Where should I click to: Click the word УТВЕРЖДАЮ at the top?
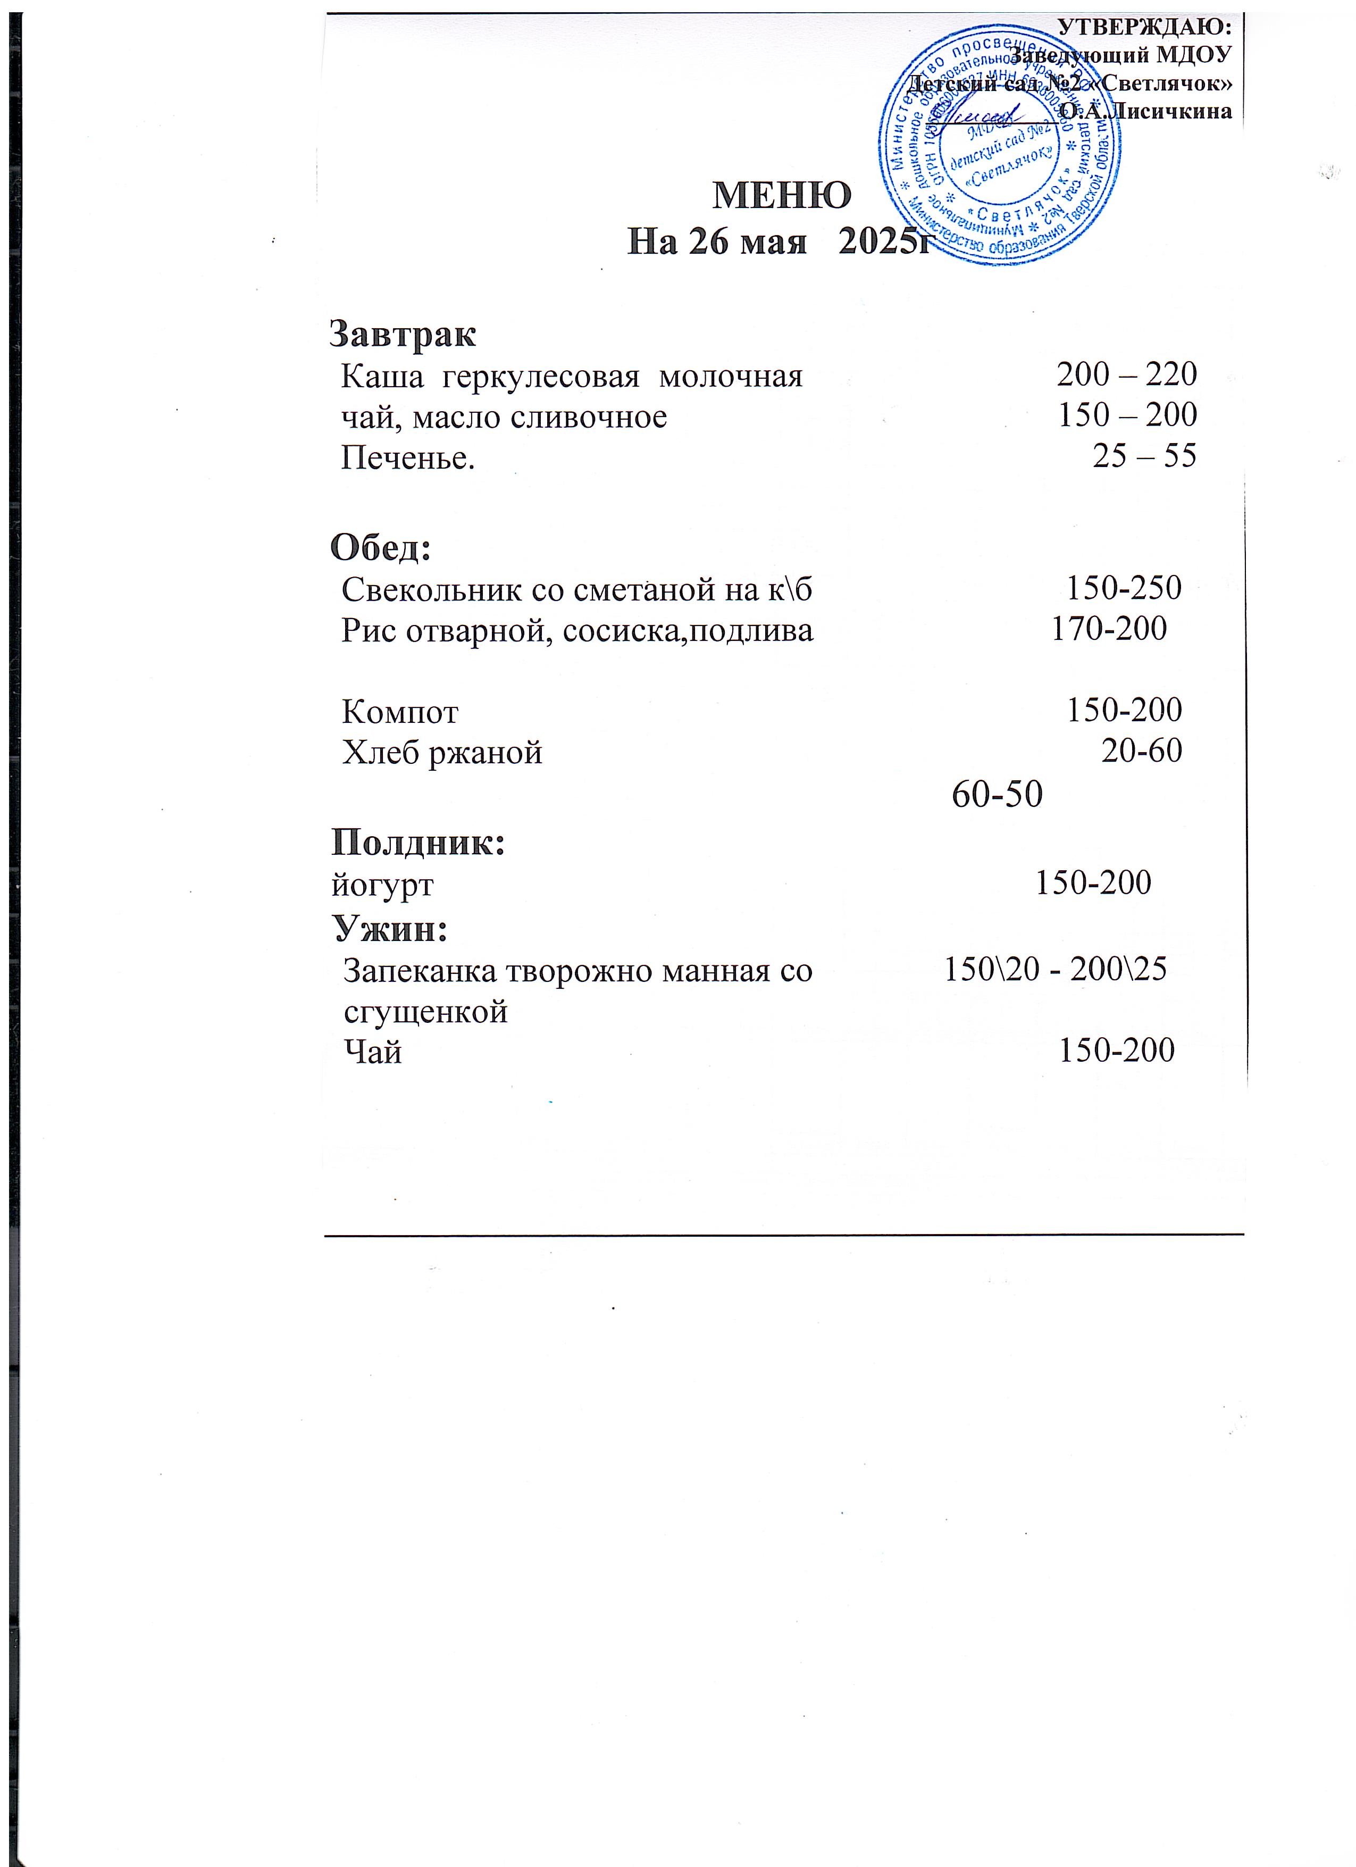pos(1144,27)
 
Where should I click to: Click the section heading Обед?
pos(380,547)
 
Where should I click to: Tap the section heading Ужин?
pos(390,929)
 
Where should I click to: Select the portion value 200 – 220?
pos(1126,374)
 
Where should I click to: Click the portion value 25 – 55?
pos(1144,455)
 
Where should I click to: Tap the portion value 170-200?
pos(1109,629)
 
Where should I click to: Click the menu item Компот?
pos(400,711)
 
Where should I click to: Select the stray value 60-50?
pos(997,794)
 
